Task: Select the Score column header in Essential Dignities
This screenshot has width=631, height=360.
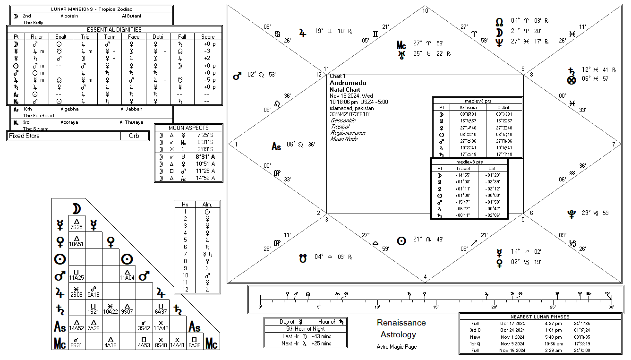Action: tap(208, 36)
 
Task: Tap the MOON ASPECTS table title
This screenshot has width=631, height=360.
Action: tap(188, 128)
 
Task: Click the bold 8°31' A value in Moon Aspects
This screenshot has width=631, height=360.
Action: tap(206, 157)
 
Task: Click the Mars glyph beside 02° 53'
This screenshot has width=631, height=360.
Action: tap(237, 76)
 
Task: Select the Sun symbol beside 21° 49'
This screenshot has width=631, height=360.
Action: tap(401, 240)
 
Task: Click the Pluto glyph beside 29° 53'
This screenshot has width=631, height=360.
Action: tap(571, 214)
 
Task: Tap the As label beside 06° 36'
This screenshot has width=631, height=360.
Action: tap(276, 146)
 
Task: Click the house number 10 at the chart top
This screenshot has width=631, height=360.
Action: tap(425, 11)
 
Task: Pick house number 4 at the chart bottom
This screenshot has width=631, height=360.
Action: tap(425, 277)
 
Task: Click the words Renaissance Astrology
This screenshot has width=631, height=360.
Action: tap(401, 329)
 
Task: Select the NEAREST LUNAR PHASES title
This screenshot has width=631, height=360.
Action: tap(540, 317)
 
